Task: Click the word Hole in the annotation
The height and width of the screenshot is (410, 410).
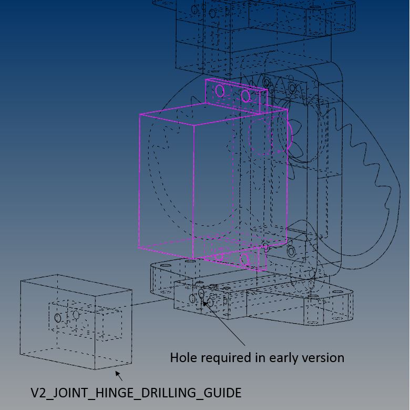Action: [x=183, y=358]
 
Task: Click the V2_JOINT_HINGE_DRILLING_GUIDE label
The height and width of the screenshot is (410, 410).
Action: [x=136, y=393]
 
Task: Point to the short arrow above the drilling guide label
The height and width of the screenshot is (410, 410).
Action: [x=119, y=376]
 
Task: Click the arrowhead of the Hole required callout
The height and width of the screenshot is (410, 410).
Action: [x=205, y=303]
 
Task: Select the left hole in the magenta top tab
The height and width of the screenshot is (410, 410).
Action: [x=220, y=91]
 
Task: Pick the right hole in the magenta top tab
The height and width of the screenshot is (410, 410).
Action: [x=245, y=96]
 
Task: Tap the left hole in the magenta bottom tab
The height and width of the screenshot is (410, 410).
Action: [x=219, y=256]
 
